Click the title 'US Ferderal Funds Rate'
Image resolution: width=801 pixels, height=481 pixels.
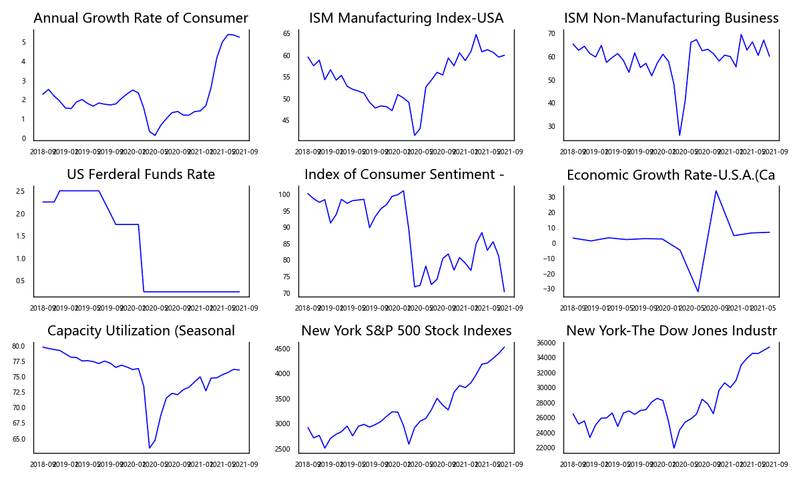click(x=141, y=175)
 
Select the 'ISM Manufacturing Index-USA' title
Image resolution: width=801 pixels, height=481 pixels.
click(x=406, y=19)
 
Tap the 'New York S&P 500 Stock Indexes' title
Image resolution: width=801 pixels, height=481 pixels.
click(x=406, y=331)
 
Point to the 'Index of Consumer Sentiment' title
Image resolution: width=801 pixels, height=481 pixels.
click(x=404, y=175)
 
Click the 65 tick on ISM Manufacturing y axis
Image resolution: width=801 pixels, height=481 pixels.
click(x=286, y=33)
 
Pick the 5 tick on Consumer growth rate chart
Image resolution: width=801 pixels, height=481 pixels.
click(x=23, y=43)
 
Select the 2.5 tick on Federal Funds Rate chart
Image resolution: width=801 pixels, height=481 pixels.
click(x=21, y=191)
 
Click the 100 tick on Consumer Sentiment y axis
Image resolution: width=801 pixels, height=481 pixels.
click(x=284, y=195)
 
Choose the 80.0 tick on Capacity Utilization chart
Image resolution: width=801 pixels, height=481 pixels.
click(x=19, y=346)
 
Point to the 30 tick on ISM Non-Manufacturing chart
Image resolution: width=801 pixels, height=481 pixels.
click(x=551, y=127)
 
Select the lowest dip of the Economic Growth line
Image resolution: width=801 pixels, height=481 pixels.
click(x=698, y=291)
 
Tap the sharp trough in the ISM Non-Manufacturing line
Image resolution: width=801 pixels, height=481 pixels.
click(x=680, y=136)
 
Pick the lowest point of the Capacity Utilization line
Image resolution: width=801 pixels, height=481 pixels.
click(x=149, y=448)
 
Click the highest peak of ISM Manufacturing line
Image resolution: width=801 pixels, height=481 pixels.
click(x=476, y=35)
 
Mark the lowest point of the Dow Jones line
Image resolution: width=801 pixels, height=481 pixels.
click(x=674, y=448)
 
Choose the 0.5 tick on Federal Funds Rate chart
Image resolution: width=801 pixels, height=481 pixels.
click(x=21, y=281)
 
